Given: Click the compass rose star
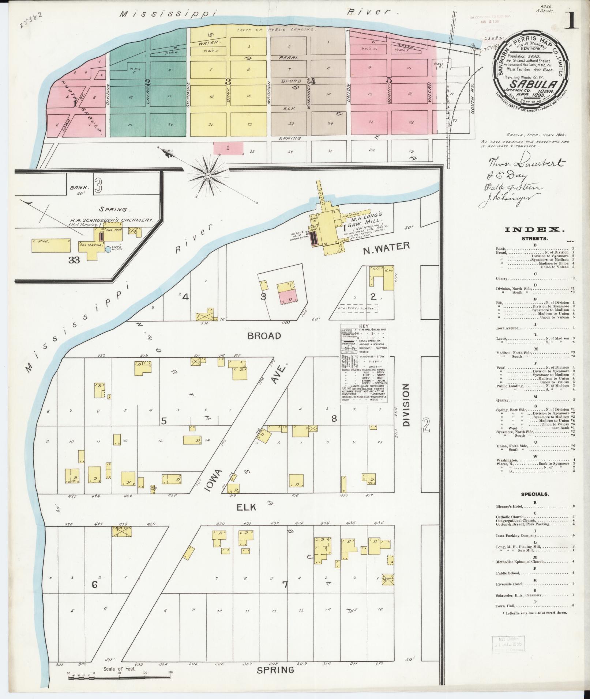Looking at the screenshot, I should coord(207,176).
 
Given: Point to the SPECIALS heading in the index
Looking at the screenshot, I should coord(534,494).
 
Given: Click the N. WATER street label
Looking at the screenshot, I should coord(386,247).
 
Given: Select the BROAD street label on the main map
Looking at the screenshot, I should coord(264,336).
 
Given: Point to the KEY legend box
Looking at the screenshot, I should coord(364,363).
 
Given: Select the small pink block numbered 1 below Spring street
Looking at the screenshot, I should coord(228,148).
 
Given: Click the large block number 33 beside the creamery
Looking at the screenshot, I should coord(74,260).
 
